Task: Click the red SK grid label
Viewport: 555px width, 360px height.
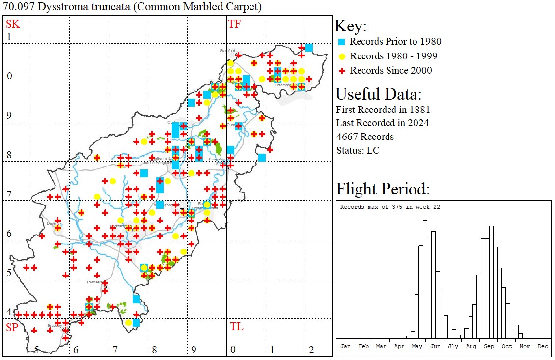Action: pos(10,24)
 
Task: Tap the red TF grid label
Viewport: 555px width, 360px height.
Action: pos(234,24)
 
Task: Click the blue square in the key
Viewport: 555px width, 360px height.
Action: pos(342,42)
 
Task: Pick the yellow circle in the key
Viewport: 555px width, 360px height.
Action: pos(342,56)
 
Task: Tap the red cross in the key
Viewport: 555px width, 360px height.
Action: pos(342,71)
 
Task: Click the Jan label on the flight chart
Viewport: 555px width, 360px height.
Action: pos(346,346)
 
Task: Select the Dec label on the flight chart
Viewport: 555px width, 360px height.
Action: pos(543,346)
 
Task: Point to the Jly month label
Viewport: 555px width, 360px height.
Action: pos(453,346)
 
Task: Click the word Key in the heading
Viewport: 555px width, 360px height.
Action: pos(350,27)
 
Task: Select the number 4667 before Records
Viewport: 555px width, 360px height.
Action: pos(348,137)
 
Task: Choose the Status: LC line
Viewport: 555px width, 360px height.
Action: pos(358,150)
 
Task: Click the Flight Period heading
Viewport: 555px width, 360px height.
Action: pos(383,189)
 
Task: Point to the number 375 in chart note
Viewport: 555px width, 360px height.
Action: pos(394,207)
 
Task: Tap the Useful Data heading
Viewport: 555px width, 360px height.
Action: pos(378,94)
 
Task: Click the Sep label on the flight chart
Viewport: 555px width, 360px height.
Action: pos(489,346)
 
